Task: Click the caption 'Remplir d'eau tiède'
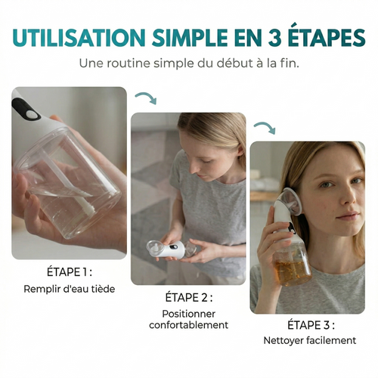point(69,289)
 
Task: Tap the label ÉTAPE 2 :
point(188,298)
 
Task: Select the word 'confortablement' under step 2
point(188,325)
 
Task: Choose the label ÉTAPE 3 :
point(307,325)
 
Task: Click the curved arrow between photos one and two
point(146,99)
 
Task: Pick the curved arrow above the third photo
point(264,128)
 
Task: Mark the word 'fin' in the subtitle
point(289,62)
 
